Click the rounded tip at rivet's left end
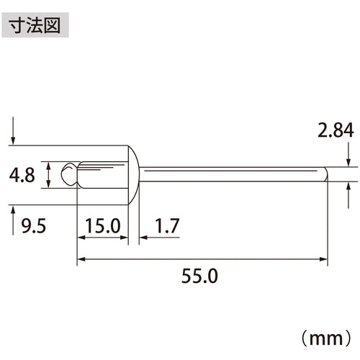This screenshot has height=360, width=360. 66,174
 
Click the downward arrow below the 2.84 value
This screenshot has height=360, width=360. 348,158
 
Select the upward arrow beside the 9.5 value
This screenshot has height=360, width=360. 14,215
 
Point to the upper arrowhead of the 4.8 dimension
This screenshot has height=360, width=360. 48,164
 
